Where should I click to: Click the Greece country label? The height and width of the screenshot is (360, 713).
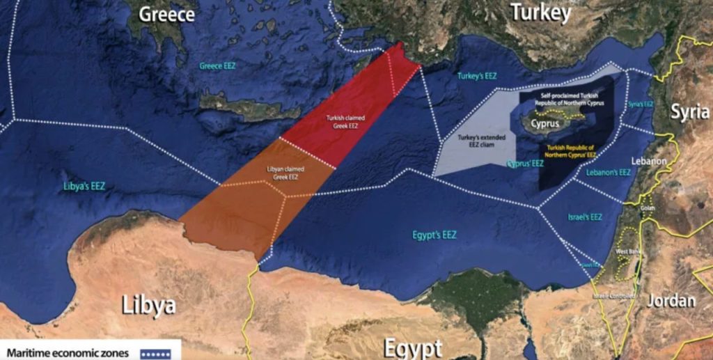pyautogui.click(x=166, y=14)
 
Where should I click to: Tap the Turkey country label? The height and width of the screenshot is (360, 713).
pyautogui.click(x=540, y=13)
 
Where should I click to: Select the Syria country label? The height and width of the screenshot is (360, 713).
pyautogui.click(x=690, y=112)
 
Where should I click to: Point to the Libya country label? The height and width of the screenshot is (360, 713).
pyautogui.click(x=148, y=304)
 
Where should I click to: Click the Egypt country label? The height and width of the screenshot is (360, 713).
pyautogui.click(x=413, y=347)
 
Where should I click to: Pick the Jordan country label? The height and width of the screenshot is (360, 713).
pyautogui.click(x=671, y=301)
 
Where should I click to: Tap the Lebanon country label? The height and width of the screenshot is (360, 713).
pyautogui.click(x=649, y=161)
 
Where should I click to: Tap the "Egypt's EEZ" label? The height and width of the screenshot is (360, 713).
pyautogui.click(x=433, y=235)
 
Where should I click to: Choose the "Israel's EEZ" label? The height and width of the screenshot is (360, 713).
pyautogui.click(x=585, y=217)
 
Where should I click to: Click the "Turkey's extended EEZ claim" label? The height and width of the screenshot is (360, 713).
pyautogui.click(x=478, y=141)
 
